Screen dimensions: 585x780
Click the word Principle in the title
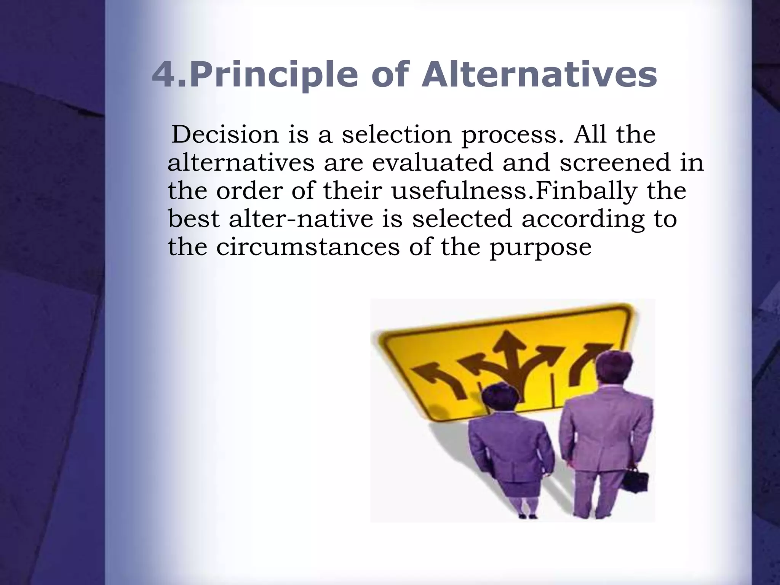(273, 75)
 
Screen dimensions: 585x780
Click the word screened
(614, 163)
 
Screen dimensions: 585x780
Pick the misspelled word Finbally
(587, 191)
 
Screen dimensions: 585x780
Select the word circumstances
(308, 247)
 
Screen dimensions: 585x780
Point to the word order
(249, 191)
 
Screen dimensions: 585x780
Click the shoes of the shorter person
(527, 516)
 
